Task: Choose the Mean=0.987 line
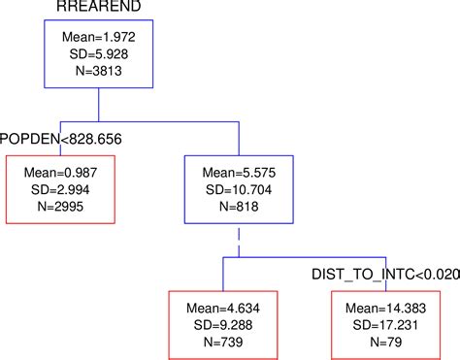(60, 172)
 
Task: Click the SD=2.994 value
(60, 188)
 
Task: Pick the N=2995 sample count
(60, 205)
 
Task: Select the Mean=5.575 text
(238, 172)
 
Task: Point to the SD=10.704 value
(238, 188)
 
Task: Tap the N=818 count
(238, 205)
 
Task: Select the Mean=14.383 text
(376, 306)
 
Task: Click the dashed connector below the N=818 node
(238, 241)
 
